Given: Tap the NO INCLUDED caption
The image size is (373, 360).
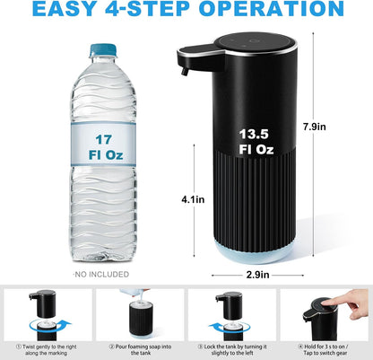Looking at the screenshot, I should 101,274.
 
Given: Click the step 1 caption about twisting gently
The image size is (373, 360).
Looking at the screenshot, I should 50,348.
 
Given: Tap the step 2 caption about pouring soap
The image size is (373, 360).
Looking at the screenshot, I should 141,348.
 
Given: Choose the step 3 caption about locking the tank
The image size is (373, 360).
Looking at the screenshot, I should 232,348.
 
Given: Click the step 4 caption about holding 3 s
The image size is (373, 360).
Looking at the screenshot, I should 325,348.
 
